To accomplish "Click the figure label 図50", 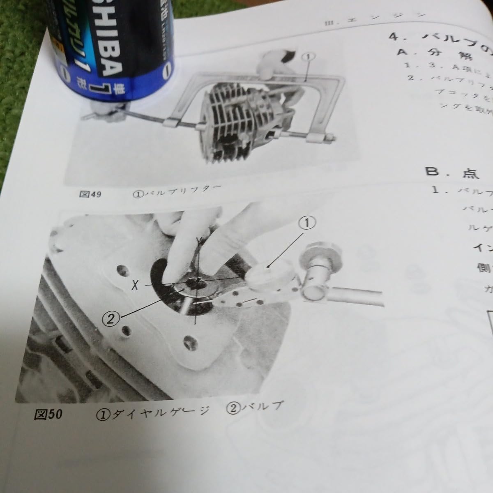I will coord(48,415).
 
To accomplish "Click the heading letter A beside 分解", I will coord(402,52).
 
